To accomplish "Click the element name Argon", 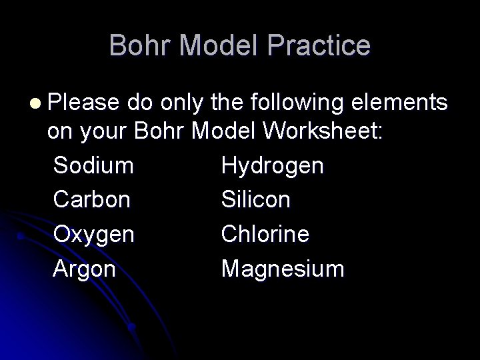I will pos(85,269).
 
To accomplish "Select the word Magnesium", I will pos(283,269).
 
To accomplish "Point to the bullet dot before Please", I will pos(35,105).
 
